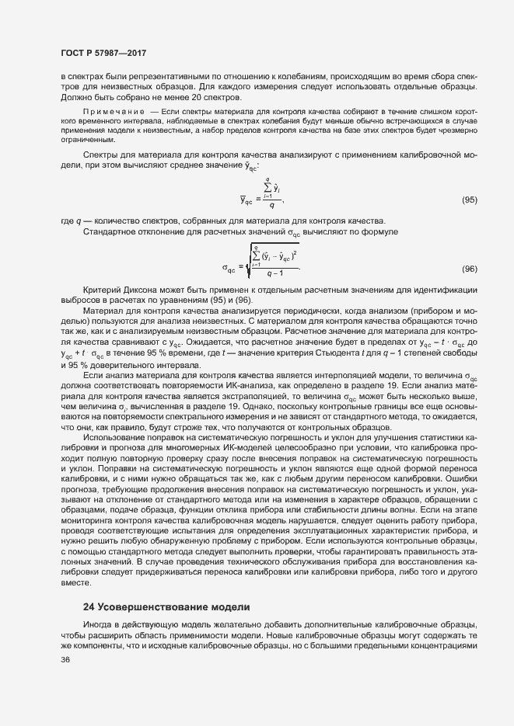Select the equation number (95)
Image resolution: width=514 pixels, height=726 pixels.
click(x=469, y=200)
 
